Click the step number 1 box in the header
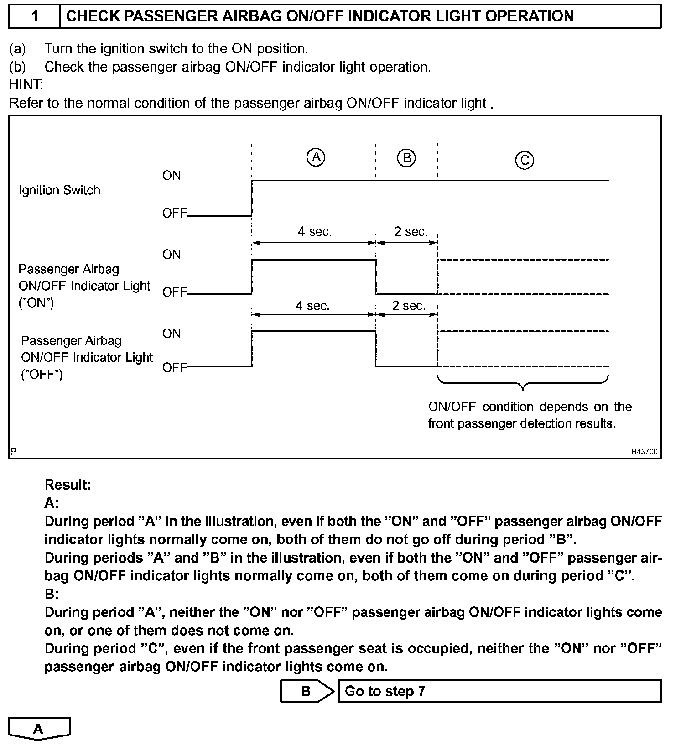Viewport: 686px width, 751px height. pos(35,16)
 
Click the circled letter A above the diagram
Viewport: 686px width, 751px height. pos(316,157)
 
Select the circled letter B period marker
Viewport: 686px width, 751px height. pos(406,158)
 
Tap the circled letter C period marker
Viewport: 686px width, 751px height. pos(525,160)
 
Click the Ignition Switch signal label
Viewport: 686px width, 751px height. pos(59,190)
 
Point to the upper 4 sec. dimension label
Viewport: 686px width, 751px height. pos(315,232)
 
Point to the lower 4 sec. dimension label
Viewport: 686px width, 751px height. pos(312,306)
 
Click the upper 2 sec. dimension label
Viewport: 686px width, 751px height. pos(411,232)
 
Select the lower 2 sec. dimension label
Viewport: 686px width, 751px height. pos(409,306)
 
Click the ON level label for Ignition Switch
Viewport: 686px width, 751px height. pos(171,176)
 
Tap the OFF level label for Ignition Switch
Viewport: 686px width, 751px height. pos(175,213)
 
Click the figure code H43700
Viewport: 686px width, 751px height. pos(644,452)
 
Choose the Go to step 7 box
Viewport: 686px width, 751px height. pos(499,691)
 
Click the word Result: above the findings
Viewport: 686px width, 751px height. pos(68,485)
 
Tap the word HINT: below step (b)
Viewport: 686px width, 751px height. pos(26,85)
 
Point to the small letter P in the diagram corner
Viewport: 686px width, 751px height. pos(13,452)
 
